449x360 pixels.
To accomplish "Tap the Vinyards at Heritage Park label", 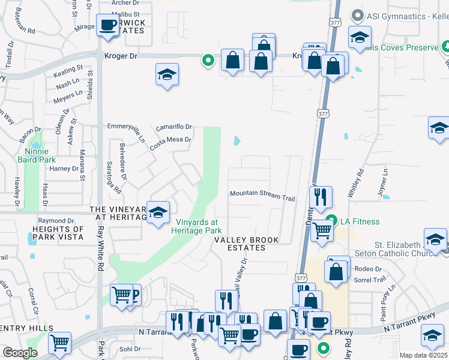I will pos(199,226).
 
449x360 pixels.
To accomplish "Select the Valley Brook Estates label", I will pos(247,244).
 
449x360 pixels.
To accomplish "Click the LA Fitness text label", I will pos(360,221).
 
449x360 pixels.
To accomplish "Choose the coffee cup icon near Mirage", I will pos(108,26).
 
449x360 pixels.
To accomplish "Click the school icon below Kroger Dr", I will pos(167,75).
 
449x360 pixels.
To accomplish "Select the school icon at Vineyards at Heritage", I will pos(158,214).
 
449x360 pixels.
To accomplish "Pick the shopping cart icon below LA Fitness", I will pos(322,230).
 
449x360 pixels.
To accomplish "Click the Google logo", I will pos(20,353).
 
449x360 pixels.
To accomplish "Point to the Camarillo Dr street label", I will pos(173,127).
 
